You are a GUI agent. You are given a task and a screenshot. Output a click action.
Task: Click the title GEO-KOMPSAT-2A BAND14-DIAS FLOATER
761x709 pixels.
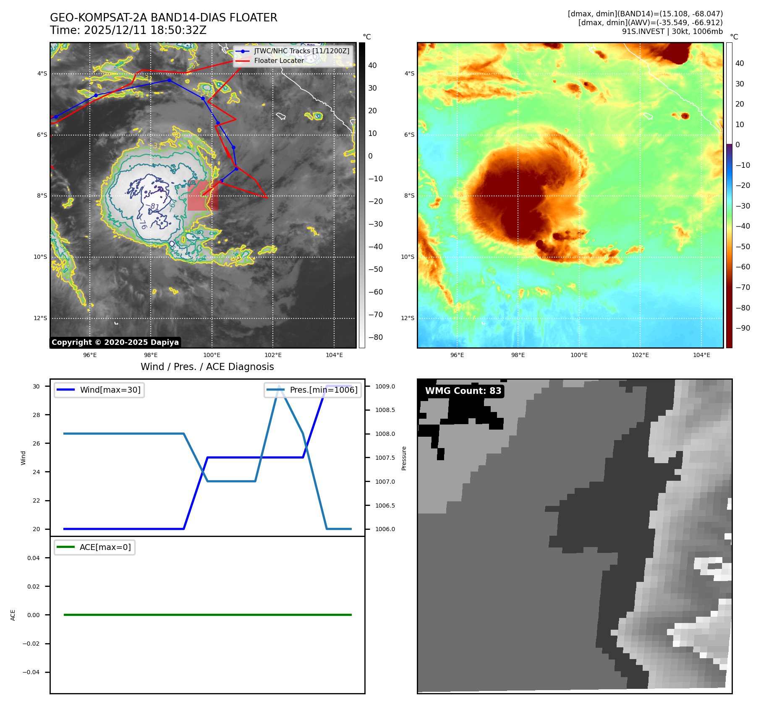tap(163, 18)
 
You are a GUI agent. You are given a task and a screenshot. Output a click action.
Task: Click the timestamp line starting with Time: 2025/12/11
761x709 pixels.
tap(128, 30)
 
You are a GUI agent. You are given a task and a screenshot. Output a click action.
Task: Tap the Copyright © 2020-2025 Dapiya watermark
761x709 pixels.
tap(115, 342)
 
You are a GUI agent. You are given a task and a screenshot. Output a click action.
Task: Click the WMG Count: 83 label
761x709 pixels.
tap(463, 391)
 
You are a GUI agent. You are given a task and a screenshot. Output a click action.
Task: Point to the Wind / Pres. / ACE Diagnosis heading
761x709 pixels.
tap(207, 367)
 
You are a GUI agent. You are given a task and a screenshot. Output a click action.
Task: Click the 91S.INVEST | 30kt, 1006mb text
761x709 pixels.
tap(672, 31)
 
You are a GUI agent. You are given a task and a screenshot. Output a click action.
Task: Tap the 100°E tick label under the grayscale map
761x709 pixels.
tap(212, 355)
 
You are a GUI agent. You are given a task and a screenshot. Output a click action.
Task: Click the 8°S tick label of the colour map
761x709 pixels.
tap(409, 195)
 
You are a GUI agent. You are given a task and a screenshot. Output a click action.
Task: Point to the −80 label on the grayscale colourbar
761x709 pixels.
tap(375, 337)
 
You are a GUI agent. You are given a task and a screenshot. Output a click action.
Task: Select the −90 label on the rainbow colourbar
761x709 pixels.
tap(743, 328)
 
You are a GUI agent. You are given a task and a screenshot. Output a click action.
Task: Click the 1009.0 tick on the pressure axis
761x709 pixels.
tap(385, 386)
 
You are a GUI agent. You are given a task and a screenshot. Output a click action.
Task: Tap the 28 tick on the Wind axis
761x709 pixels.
tap(37, 415)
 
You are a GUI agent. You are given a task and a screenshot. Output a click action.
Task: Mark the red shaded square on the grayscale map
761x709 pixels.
tap(203, 195)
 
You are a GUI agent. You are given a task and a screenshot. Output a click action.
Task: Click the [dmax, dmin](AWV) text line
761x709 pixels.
tap(650, 23)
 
